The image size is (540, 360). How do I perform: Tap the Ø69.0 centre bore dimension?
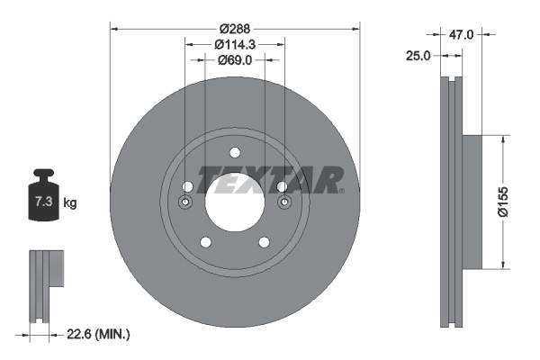pyautogui.click(x=235, y=60)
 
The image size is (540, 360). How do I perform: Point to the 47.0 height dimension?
pyautogui.click(x=461, y=34)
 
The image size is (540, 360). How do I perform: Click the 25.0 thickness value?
pyautogui.click(x=418, y=56)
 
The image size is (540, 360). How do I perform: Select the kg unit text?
pyautogui.click(x=70, y=203)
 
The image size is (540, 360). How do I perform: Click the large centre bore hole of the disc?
pyautogui.click(x=235, y=200)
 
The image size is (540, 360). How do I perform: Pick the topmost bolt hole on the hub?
pyautogui.click(x=235, y=152)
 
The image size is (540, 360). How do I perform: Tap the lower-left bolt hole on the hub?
pyautogui.click(x=205, y=242)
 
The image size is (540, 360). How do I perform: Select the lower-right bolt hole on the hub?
pyautogui.click(x=265, y=242)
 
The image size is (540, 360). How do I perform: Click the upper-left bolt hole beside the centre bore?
pyautogui.click(x=187, y=186)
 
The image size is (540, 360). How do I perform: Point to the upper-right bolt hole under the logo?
pyautogui.click(x=282, y=186)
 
